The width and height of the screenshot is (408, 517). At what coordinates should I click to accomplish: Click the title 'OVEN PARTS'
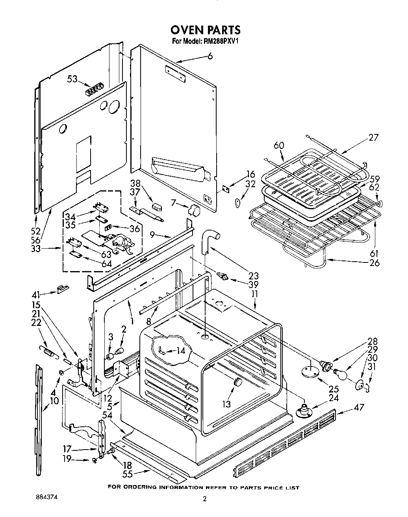205,30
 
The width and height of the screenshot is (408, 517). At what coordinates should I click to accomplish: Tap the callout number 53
72,79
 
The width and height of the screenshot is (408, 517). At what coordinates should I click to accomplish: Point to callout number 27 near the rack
373,137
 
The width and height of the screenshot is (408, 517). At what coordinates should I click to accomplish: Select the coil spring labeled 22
49,349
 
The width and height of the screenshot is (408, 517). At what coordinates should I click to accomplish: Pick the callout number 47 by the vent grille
358,407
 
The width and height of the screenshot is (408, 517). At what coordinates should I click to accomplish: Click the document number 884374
46,497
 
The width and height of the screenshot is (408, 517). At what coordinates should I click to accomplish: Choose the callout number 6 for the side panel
210,56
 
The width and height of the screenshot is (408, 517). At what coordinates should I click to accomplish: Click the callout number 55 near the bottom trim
127,475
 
